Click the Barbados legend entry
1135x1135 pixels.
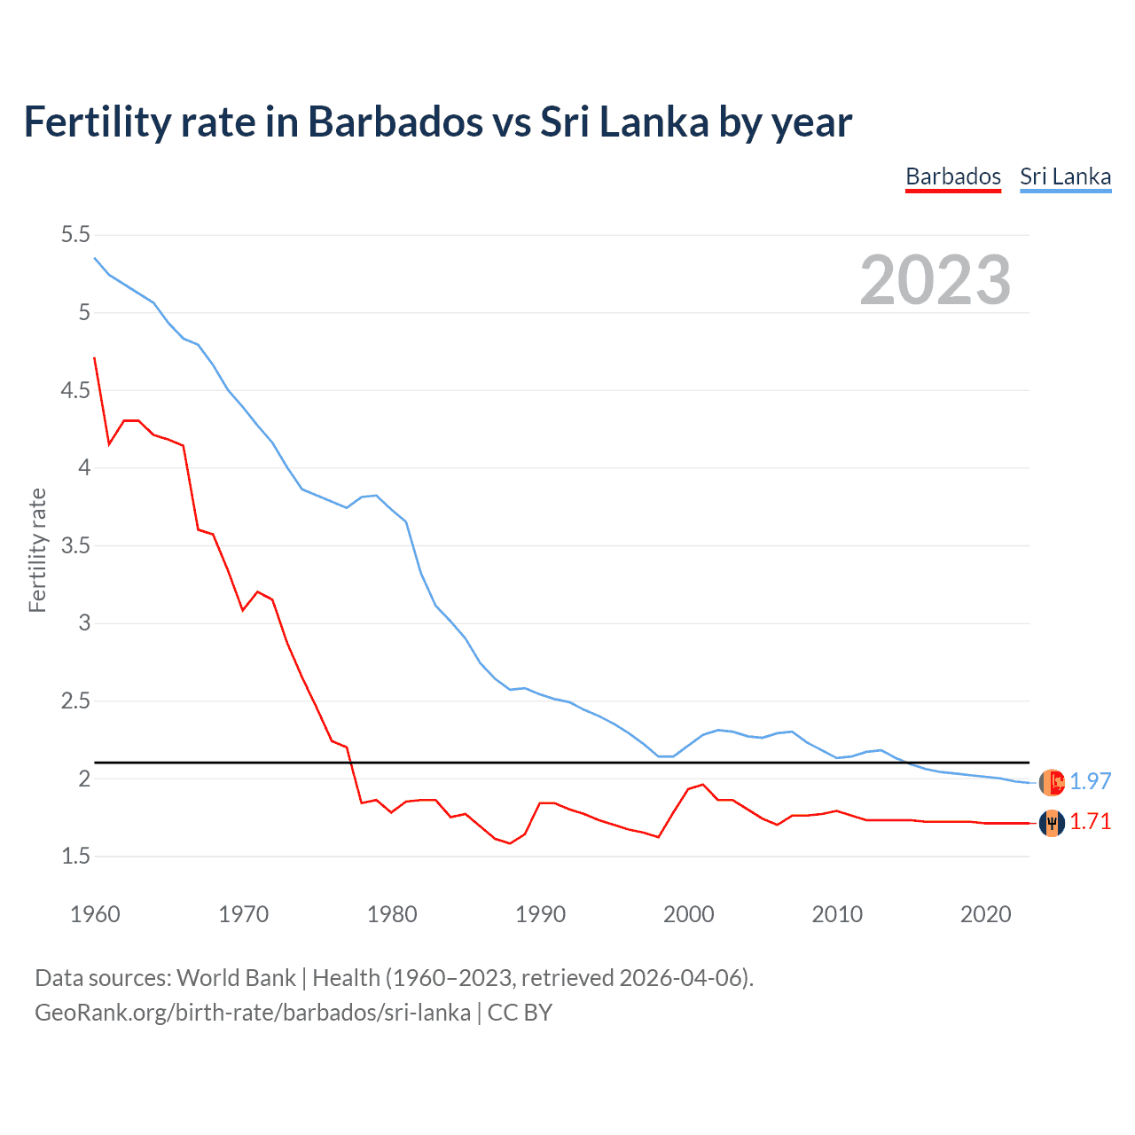click(x=952, y=176)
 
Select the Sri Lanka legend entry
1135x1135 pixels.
click(x=1065, y=176)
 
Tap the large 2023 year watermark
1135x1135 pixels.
click(x=935, y=280)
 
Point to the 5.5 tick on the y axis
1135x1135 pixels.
click(x=75, y=235)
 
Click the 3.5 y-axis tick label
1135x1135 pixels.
click(x=75, y=545)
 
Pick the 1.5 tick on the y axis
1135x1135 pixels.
click(x=75, y=857)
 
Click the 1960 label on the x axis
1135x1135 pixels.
click(x=95, y=914)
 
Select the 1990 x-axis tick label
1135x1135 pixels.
click(x=540, y=914)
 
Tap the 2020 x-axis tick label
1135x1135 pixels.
click(x=985, y=914)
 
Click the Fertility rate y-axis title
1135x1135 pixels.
click(x=37, y=550)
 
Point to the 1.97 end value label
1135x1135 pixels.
click(x=1090, y=781)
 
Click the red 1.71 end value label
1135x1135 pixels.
click(x=1090, y=822)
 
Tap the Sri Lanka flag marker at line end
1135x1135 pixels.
click(x=1052, y=782)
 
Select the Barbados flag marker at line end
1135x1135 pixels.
click(x=1052, y=823)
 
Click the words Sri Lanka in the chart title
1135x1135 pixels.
click(x=625, y=121)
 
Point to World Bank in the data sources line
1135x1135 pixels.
click(x=236, y=978)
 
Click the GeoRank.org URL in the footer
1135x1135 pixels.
click(x=253, y=1013)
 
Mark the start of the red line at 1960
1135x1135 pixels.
click(x=95, y=358)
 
